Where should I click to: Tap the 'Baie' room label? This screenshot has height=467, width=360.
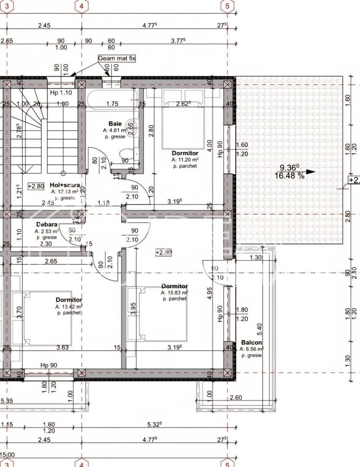pos(115,123)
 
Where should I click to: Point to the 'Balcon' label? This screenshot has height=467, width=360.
pos(251,342)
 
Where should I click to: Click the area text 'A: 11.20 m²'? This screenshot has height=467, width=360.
pos(185,160)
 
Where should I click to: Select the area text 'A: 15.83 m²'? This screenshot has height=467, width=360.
pos(174,292)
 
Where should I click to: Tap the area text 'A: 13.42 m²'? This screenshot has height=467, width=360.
pos(69,307)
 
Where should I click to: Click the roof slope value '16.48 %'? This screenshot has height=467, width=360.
pos(289,176)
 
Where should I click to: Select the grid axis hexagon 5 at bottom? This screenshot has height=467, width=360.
pos(228,463)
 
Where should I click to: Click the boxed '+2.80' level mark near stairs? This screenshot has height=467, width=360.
pos(36,186)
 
